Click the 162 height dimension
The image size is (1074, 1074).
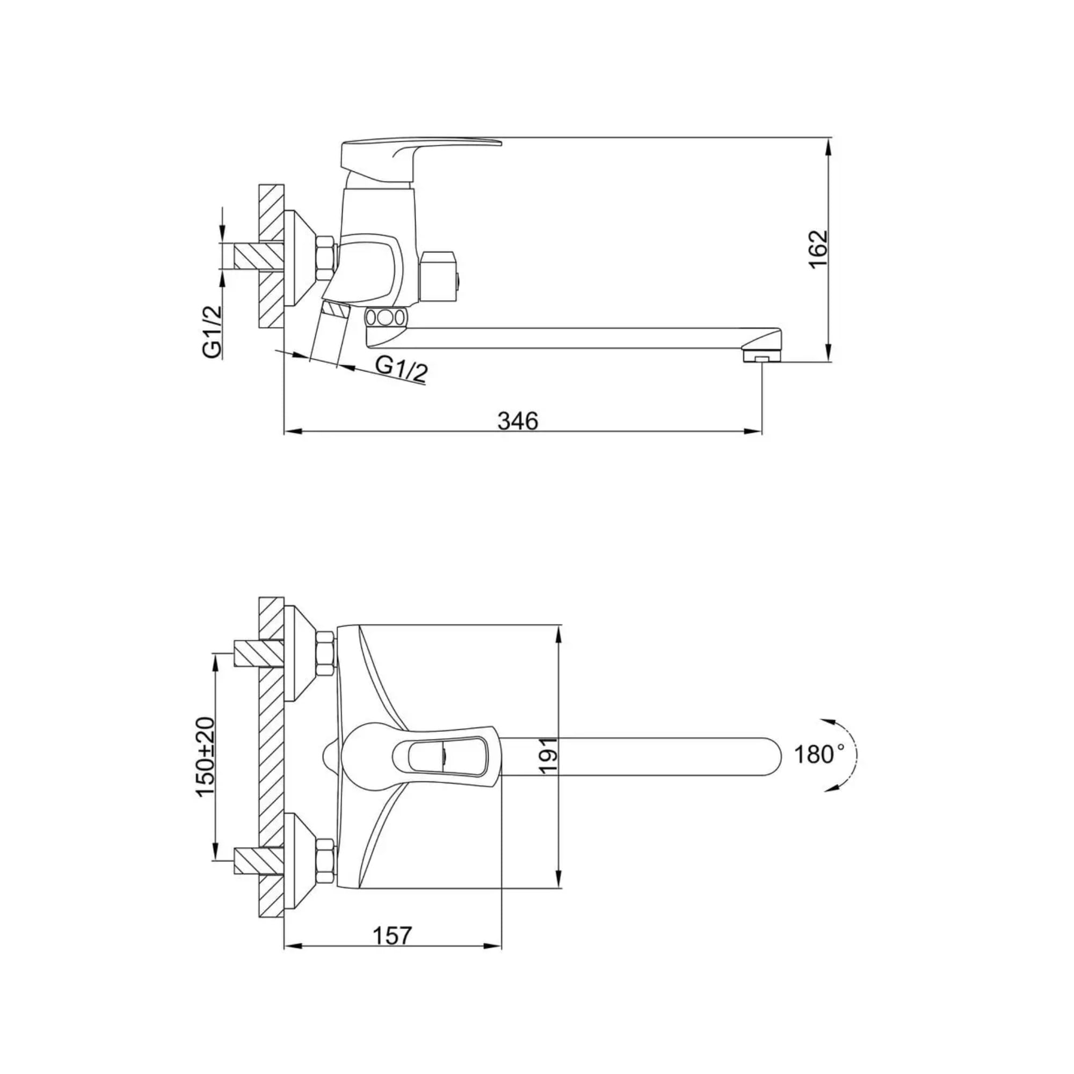pyautogui.click(x=818, y=249)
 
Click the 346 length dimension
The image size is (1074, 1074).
pyautogui.click(x=518, y=421)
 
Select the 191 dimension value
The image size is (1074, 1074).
pyautogui.click(x=548, y=755)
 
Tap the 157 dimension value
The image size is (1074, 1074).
pyautogui.click(x=393, y=935)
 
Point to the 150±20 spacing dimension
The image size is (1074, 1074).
pyautogui.click(x=205, y=757)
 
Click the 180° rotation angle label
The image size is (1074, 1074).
pyautogui.click(x=818, y=754)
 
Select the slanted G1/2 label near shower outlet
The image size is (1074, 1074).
pyautogui.click(x=401, y=369)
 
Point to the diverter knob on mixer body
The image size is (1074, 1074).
pyautogui.click(x=439, y=274)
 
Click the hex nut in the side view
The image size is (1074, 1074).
pyautogui.click(x=325, y=258)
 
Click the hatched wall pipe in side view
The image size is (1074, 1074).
pyautogui.click(x=258, y=256)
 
